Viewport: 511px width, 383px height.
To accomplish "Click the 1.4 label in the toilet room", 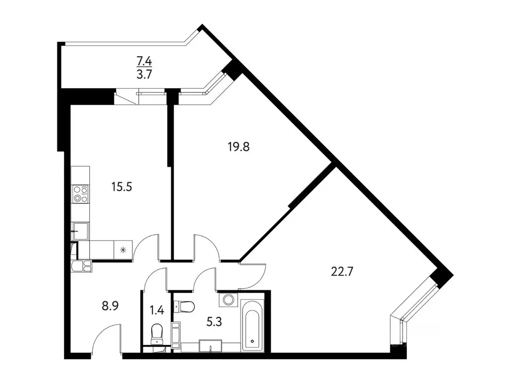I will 156,309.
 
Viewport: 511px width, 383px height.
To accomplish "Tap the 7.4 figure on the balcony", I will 144,62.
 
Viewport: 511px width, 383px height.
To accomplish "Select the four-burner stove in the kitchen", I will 80,193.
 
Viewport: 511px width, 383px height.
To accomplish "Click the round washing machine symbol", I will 229,300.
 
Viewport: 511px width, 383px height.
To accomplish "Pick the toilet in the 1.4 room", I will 157,333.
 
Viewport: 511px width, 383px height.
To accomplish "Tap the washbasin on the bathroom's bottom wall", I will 210,345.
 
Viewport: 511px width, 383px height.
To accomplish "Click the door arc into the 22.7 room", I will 254,276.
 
